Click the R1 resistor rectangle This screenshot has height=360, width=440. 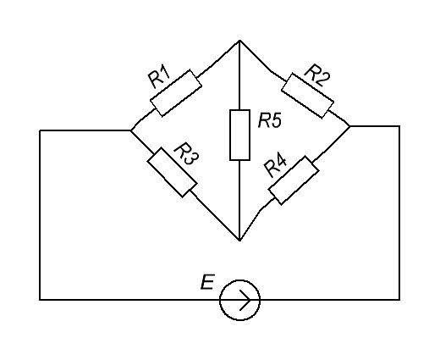pyautogui.click(x=176, y=92)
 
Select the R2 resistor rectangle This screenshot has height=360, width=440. pyautogui.click(x=307, y=96)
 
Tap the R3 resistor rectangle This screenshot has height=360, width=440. pyautogui.click(x=172, y=172)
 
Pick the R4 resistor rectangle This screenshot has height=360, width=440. pyautogui.click(x=294, y=180)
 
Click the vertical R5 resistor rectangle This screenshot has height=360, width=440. pyautogui.click(x=239, y=135)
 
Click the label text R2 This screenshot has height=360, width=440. pyautogui.click(x=317, y=75)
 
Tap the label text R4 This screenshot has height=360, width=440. pyautogui.click(x=276, y=166)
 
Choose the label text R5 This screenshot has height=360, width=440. pyautogui.click(x=270, y=121)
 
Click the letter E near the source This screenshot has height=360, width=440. pyautogui.click(x=207, y=281)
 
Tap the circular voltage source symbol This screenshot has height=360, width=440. pyautogui.click(x=239, y=300)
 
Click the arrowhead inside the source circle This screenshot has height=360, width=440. pyautogui.click(x=245, y=300)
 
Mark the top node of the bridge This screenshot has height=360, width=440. pyautogui.click(x=239, y=41)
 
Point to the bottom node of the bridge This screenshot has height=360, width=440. pyautogui.click(x=239, y=241)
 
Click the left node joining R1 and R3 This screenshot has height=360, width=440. pyautogui.click(x=131, y=130)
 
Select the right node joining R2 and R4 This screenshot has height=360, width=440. pyautogui.click(x=349, y=126)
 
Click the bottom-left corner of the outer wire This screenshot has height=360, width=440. pyautogui.click(x=40, y=299)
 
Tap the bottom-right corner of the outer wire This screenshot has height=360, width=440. pyautogui.click(x=399, y=299)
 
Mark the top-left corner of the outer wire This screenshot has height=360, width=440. pyautogui.click(x=40, y=130)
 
